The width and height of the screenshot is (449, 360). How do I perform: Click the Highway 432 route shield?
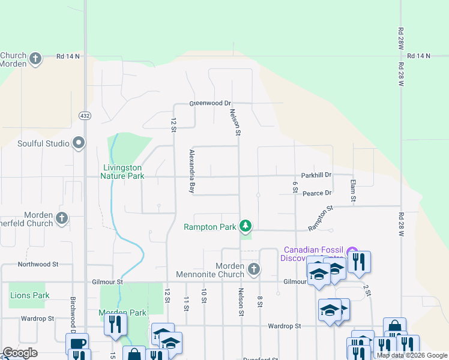click(x=84, y=115)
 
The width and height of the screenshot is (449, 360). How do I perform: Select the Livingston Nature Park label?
click(x=122, y=172)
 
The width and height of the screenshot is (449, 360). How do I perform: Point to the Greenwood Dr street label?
click(x=210, y=103)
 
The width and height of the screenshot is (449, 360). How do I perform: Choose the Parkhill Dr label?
click(x=316, y=175)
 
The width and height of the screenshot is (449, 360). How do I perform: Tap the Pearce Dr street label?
click(x=317, y=193)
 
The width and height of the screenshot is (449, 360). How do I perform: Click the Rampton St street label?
click(x=320, y=219)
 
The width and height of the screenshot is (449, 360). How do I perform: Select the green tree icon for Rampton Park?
click(x=245, y=226)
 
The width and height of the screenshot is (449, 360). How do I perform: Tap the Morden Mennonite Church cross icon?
click(x=254, y=269)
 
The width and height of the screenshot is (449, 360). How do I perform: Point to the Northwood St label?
click(x=38, y=263)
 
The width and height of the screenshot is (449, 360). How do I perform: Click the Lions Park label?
click(x=30, y=295)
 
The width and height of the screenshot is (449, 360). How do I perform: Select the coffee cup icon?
click(x=77, y=343)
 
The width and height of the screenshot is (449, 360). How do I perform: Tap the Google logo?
click(x=20, y=353)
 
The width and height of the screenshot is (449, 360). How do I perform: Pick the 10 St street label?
click(x=204, y=296)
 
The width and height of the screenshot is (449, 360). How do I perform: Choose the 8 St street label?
click(x=260, y=301)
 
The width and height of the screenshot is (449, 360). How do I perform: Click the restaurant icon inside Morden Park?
click(x=115, y=323)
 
